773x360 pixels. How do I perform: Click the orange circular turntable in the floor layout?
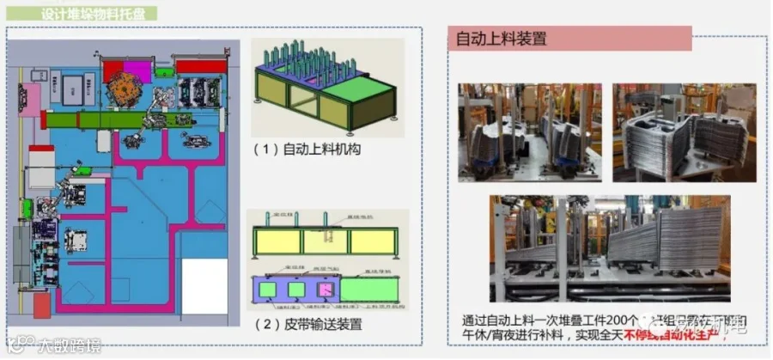(x=134, y=89)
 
